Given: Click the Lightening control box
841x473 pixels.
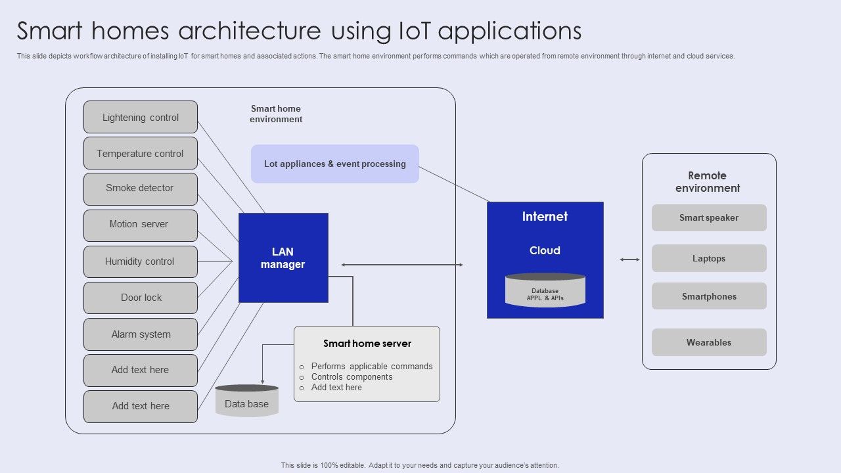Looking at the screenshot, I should coord(141,118).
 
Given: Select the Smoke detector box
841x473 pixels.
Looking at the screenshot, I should coord(141,189).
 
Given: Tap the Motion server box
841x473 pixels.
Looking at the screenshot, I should coord(141,225).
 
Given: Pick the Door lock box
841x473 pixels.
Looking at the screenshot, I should coord(141,298).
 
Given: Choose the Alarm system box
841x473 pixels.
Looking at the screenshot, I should coord(141,334).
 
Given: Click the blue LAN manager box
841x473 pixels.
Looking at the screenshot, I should coord(283,258).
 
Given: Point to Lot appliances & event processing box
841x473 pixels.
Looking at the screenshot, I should coord(334,164).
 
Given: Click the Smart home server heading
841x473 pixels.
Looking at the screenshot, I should coord(367,344).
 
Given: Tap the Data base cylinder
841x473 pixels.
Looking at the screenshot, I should coord(247,401).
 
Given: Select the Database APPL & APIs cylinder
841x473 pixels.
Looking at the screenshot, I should coord(545,291).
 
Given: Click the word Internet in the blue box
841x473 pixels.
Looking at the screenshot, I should coord(545,217).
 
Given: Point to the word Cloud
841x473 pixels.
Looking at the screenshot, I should coord(545,250).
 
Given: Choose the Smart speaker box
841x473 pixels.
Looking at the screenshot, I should coord(709,218).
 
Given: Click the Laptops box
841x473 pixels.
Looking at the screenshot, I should coord(709,258).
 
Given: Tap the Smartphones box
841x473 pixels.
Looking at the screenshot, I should coord(709,296).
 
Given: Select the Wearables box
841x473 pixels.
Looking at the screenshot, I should coord(709,342).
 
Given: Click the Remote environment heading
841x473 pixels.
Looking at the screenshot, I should coord(708,182).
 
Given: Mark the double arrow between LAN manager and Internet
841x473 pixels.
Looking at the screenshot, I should coord(402,265).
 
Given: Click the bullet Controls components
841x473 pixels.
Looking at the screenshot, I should coord(352,377).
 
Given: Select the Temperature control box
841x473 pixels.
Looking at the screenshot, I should coord(141,154).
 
